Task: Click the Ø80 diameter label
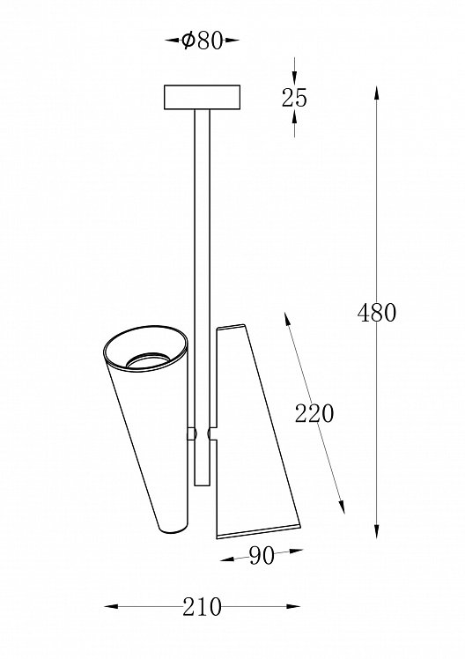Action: click(x=202, y=41)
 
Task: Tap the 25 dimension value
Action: click(x=294, y=98)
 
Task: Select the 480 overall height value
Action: click(x=377, y=313)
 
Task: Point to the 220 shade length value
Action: click(x=314, y=413)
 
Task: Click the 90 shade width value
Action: click(x=262, y=556)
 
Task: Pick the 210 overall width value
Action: click(x=202, y=607)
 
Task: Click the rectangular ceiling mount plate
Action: click(x=202, y=98)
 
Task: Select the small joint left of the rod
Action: click(x=191, y=434)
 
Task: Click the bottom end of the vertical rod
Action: click(x=202, y=485)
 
